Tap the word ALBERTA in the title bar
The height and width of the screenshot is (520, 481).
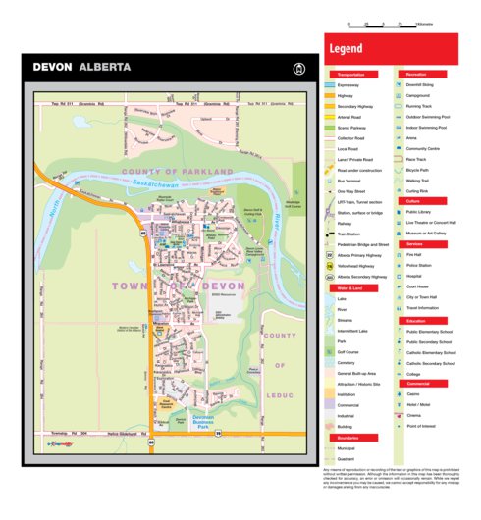(105, 68)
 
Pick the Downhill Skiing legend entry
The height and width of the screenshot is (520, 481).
(424, 85)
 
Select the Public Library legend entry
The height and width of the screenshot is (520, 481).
(422, 212)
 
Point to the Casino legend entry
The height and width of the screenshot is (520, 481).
(417, 394)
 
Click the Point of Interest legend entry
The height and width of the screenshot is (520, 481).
(426, 426)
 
